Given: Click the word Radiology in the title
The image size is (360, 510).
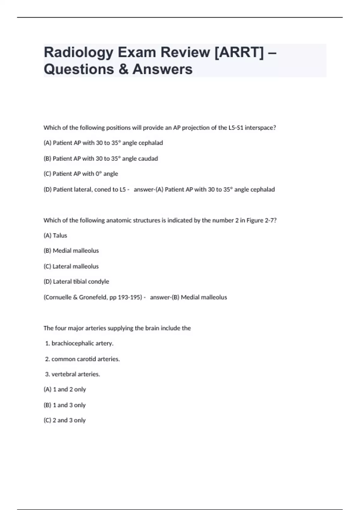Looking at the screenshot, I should click(x=79, y=52).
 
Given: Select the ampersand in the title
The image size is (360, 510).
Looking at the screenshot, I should click(x=123, y=69).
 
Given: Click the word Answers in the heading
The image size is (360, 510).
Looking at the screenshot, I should click(x=162, y=69).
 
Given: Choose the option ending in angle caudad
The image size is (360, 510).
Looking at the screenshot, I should click(x=100, y=158).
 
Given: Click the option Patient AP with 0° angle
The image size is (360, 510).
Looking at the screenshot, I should click(x=81, y=174).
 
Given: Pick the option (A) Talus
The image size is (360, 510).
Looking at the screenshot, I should click(x=55, y=235).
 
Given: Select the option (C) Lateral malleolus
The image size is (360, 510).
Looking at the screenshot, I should click(x=71, y=266).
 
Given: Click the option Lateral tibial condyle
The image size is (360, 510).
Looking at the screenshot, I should click(x=76, y=282).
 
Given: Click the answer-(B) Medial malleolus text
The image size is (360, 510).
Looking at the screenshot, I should click(x=188, y=297).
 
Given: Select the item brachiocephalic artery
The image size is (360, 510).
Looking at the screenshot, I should click(x=79, y=343).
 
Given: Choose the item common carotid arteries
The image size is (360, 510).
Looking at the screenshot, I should click(x=82, y=359).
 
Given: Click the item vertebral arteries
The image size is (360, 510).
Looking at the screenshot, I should click(x=73, y=374).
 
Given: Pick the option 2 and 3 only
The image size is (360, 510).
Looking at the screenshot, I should click(x=64, y=420).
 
